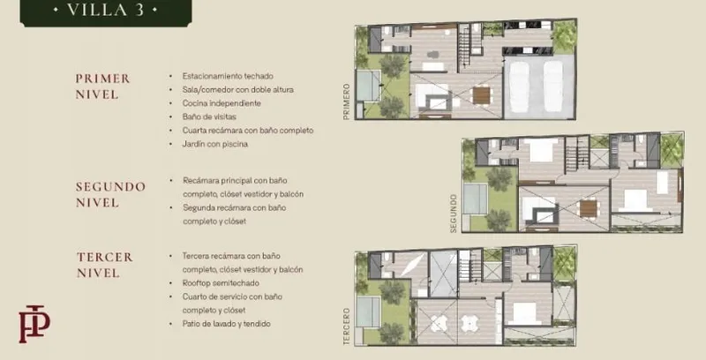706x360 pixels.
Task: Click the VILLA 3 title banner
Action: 106,11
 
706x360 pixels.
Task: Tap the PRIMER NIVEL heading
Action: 102,86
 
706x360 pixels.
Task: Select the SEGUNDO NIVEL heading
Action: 110,194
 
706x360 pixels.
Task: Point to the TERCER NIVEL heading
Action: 105,265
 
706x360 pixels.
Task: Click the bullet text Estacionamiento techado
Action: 228,76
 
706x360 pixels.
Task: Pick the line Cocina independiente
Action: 222,103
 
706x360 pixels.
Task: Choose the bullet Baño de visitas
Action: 209,116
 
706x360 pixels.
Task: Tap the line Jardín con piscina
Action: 214,144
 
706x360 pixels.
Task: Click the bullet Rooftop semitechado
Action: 221,283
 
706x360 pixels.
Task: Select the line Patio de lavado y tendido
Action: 226,324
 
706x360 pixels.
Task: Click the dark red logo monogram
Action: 34,324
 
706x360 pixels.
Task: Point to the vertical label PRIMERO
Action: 346,101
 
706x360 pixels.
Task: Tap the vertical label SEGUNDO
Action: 454,214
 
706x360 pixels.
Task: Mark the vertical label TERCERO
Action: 346,326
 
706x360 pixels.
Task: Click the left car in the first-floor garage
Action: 519,86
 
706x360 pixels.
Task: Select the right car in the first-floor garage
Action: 553,86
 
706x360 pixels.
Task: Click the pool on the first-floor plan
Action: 368,86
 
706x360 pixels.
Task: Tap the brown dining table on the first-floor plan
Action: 481,95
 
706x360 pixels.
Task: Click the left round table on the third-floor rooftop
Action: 437,323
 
